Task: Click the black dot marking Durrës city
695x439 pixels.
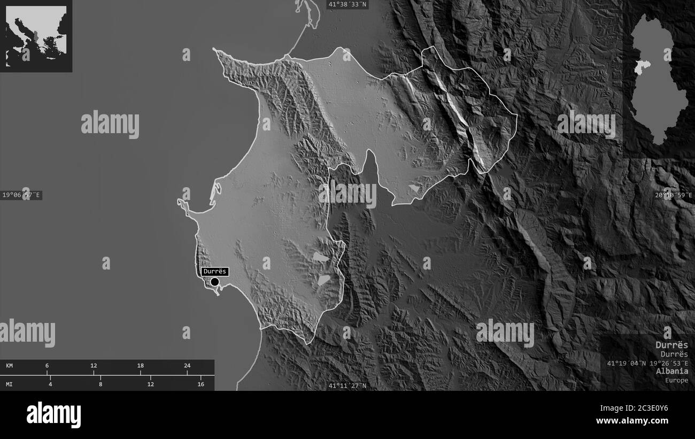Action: pos(215,282)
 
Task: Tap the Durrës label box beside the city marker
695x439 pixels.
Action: pos(215,271)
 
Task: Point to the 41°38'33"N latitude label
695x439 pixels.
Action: pos(347,4)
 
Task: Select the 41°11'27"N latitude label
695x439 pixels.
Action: pos(347,386)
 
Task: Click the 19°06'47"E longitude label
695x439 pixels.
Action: pos(21,195)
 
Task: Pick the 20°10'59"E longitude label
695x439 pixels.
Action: pos(674,195)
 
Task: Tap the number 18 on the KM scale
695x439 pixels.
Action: pos(141,366)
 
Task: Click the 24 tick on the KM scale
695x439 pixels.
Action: pos(187,366)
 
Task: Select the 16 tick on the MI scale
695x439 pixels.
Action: pos(201,384)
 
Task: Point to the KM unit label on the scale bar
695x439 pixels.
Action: pos(10,366)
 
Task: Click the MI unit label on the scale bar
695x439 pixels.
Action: pos(10,384)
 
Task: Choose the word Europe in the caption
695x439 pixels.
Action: pos(677,380)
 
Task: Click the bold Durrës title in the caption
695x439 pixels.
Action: pos(672,345)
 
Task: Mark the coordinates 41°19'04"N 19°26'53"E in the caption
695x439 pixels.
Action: pos(647,363)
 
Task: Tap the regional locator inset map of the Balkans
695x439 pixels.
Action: pos(36,36)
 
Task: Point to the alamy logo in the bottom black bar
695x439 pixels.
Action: pos(53,415)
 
